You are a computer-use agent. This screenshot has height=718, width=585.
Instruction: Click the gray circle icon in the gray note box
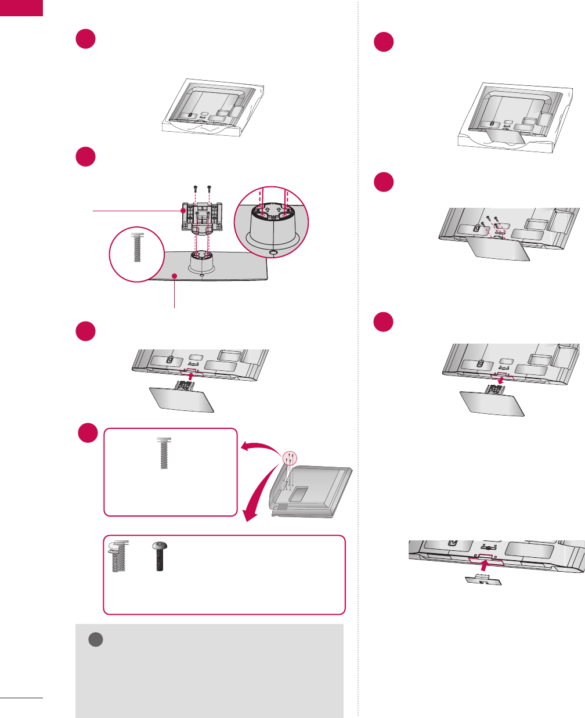coord(95,639)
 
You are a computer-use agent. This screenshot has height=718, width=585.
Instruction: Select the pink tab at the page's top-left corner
coord(21,8)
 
